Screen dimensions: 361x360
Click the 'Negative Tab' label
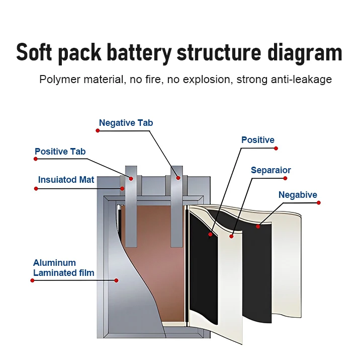(x=126, y=123)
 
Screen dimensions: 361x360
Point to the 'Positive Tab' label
(x=60, y=152)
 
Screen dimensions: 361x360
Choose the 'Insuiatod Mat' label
(x=66, y=180)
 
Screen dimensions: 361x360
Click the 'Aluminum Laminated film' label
(x=63, y=268)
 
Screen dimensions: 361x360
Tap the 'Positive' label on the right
(x=257, y=140)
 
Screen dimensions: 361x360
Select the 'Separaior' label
(x=271, y=170)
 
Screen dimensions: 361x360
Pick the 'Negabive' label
(x=298, y=195)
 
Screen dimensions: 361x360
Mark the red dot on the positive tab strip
(x=131, y=178)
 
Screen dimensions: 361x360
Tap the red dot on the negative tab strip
(x=177, y=177)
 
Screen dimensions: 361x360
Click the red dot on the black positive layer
(x=210, y=234)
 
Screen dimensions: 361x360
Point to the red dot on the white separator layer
(x=232, y=235)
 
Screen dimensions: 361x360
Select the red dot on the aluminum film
(x=116, y=280)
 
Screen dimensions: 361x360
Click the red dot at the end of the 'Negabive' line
(x=319, y=203)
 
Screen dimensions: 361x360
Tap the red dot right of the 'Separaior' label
(x=285, y=178)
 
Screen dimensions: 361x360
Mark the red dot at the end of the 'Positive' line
(x=276, y=148)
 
